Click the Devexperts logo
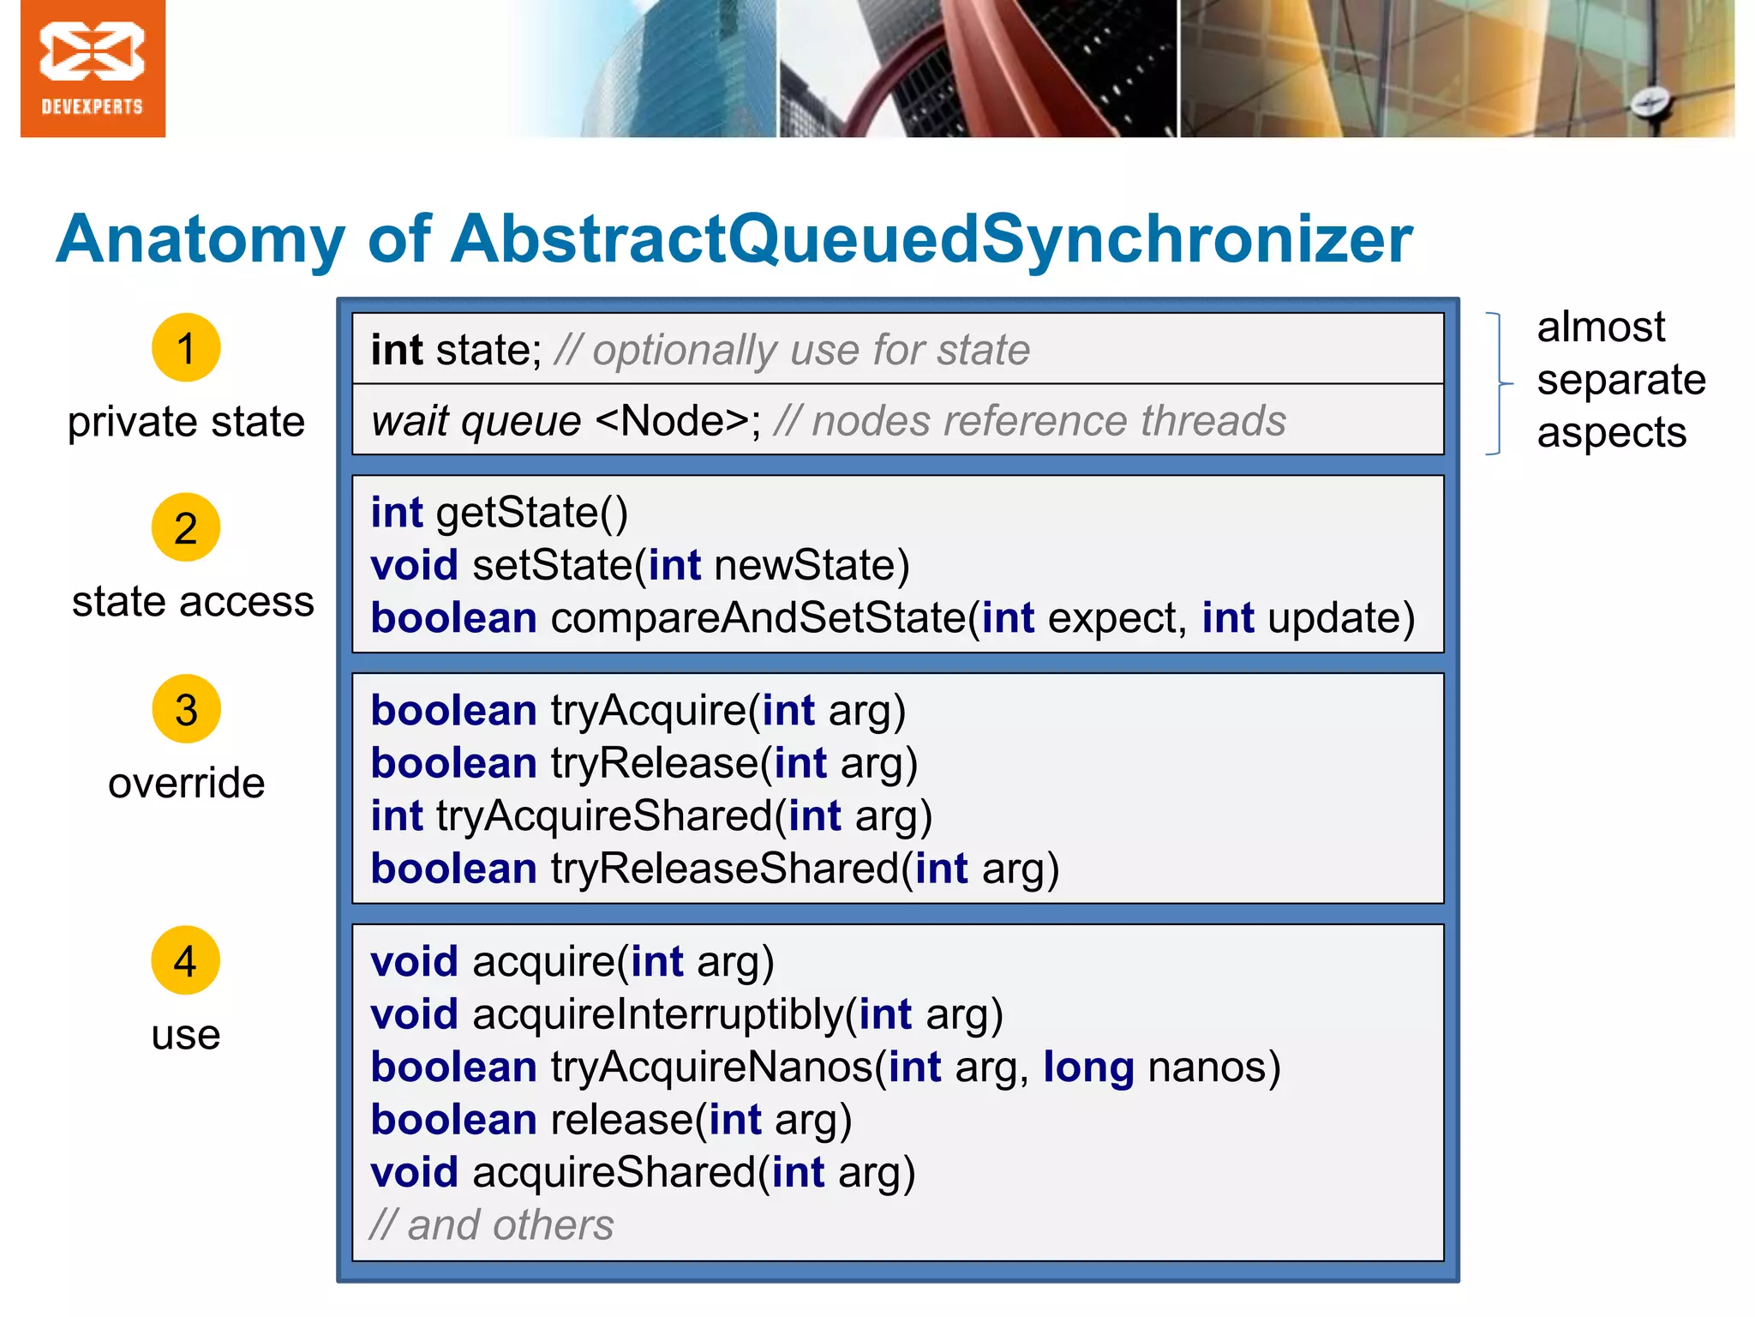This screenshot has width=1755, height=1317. tap(93, 69)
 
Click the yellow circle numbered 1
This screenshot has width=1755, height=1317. tap(186, 348)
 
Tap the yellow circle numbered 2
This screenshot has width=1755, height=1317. tap(186, 527)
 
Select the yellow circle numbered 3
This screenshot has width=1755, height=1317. tap(186, 709)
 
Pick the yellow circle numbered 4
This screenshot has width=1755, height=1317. tap(186, 960)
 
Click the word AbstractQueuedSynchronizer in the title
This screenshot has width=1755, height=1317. tap(931, 239)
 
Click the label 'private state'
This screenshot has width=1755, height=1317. tap(186, 422)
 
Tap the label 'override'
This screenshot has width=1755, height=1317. tap(186, 784)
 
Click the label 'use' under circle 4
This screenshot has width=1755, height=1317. tap(186, 1035)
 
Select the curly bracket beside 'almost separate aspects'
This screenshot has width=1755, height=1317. tap(1499, 383)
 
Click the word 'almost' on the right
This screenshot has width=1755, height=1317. tap(1600, 328)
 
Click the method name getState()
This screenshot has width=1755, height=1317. tap(531, 513)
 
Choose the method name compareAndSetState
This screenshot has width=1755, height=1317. tap(758, 618)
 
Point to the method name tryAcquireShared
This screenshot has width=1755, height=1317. tap(604, 815)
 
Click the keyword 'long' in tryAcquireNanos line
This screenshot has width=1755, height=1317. tap(1088, 1067)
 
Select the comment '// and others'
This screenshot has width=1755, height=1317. tap(492, 1225)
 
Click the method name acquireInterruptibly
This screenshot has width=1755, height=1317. tap(657, 1014)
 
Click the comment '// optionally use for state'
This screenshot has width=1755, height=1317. tap(792, 350)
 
